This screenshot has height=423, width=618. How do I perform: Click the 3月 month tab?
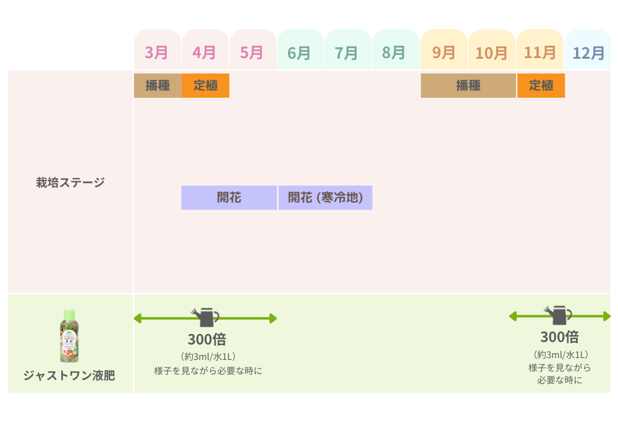(157, 52)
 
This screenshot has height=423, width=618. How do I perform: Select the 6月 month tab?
(300, 52)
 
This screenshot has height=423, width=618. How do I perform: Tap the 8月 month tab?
(394, 52)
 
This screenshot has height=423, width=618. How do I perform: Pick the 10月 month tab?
(491, 53)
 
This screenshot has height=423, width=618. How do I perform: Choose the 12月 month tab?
(588, 53)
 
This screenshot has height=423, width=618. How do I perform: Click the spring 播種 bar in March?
(158, 85)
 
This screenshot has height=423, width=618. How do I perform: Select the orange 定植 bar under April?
(205, 85)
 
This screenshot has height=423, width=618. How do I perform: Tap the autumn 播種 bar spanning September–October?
(468, 85)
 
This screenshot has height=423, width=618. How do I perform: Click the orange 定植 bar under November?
(541, 85)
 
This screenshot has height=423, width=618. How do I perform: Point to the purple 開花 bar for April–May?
(229, 198)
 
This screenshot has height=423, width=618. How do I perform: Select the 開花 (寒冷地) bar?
(325, 198)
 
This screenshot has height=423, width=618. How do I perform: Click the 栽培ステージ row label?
(70, 182)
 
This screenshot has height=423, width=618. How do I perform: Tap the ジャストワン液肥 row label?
(69, 375)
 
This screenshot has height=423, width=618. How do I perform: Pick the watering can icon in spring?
(205, 317)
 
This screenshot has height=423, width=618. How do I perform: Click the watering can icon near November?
(558, 315)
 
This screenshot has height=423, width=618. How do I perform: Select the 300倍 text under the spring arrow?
(206, 340)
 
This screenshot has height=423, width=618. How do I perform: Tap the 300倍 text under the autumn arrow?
(559, 337)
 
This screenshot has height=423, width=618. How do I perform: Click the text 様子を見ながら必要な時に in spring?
(208, 370)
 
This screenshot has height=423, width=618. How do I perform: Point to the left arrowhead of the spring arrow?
(138, 318)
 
